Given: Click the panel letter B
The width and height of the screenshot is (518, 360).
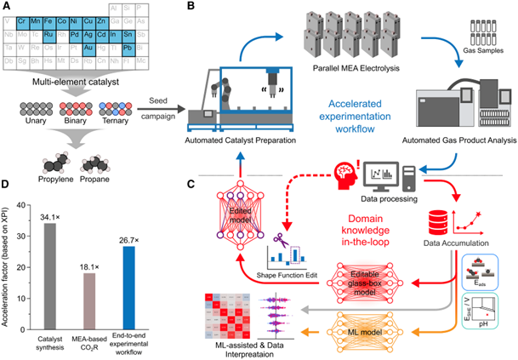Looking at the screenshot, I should [191, 8].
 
